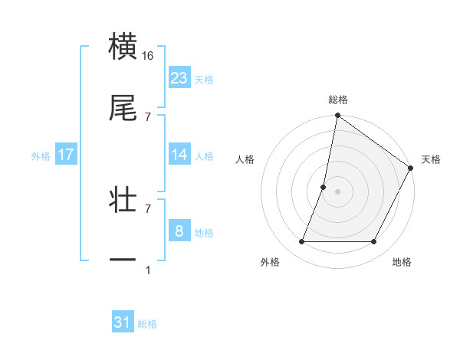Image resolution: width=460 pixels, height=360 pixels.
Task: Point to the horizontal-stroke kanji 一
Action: click(x=123, y=260)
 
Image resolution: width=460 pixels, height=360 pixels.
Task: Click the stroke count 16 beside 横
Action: click(x=148, y=56)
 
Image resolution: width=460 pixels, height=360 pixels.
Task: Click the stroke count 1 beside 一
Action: click(x=148, y=270)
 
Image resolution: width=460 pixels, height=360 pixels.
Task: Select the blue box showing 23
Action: click(x=179, y=78)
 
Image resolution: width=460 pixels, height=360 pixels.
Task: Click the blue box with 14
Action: click(x=179, y=155)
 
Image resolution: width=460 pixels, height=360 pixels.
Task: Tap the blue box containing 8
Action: click(x=179, y=231)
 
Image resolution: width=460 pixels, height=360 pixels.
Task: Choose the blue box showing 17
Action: click(x=66, y=155)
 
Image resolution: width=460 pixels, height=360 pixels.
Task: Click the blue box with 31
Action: click(x=123, y=322)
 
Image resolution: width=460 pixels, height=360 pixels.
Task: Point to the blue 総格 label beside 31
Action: click(x=147, y=324)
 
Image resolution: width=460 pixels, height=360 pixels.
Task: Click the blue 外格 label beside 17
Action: click(x=41, y=156)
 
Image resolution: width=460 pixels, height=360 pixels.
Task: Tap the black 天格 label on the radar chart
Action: click(x=431, y=159)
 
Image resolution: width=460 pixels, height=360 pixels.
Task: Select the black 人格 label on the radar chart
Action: click(x=245, y=159)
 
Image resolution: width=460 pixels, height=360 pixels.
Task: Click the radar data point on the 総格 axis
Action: click(x=337, y=116)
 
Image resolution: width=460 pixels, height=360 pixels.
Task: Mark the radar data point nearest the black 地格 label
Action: click(x=374, y=242)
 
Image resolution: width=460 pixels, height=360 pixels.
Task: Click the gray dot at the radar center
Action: click(x=337, y=191)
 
